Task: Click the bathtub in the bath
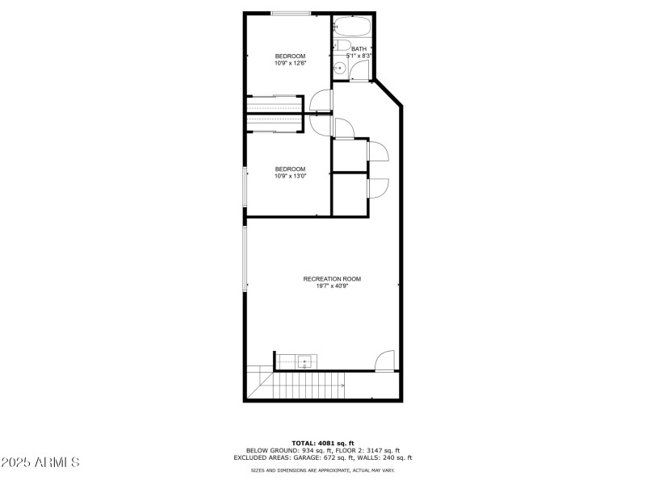(x=352, y=26)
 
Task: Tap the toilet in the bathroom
(x=341, y=45)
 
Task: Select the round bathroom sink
(x=339, y=69)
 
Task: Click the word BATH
(x=359, y=49)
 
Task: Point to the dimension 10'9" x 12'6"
(x=291, y=64)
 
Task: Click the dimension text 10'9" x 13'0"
(x=291, y=176)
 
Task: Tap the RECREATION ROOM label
(x=332, y=279)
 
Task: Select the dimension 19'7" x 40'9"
(x=332, y=286)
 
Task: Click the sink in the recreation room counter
(x=305, y=362)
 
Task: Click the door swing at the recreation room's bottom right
(x=385, y=361)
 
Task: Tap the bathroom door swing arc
(x=359, y=69)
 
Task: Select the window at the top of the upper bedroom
(x=291, y=14)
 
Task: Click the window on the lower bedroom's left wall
(x=245, y=186)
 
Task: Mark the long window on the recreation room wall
(x=245, y=259)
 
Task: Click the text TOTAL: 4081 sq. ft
(x=323, y=443)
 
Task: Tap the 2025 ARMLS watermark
(x=40, y=462)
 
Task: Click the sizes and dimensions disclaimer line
(x=323, y=470)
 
